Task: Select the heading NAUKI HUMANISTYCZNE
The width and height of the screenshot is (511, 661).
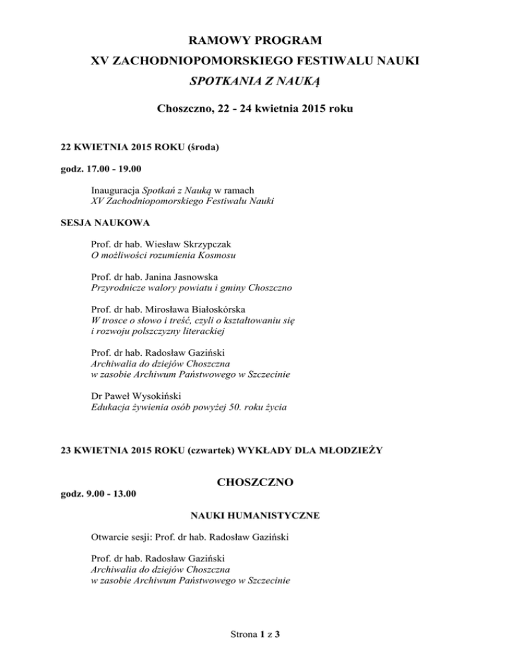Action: (x=255, y=515)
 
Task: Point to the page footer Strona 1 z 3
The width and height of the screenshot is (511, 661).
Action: (x=255, y=634)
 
